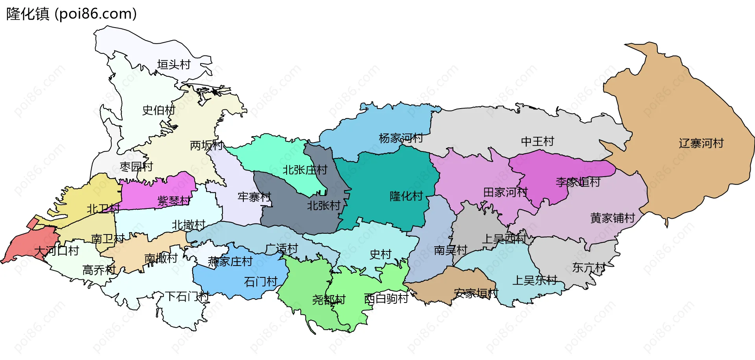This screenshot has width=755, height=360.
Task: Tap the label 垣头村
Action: pos(174,64)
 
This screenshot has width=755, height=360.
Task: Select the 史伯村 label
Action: pos(158,110)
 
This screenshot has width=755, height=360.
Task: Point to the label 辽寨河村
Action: pos(701,143)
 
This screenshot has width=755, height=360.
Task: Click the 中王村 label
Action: pos(538,141)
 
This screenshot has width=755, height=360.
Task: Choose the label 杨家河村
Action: pos(401,138)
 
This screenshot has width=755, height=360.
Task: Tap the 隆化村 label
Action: pos(406,196)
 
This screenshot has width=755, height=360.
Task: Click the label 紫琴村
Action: pos(174,201)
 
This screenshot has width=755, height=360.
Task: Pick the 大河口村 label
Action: pos(57,251)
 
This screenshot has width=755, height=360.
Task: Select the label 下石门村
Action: pos(187,296)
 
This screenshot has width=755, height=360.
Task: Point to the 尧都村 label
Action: pos(329,300)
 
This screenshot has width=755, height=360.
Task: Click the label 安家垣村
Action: pos(476,293)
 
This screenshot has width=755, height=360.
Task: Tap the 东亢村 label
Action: pos(589,268)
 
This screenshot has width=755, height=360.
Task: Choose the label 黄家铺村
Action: pos(613,218)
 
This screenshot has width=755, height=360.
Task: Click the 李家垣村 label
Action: pos(578,182)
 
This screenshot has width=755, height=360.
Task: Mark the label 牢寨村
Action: pos(254,197)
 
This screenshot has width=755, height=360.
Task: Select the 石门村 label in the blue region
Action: pos(261,282)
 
